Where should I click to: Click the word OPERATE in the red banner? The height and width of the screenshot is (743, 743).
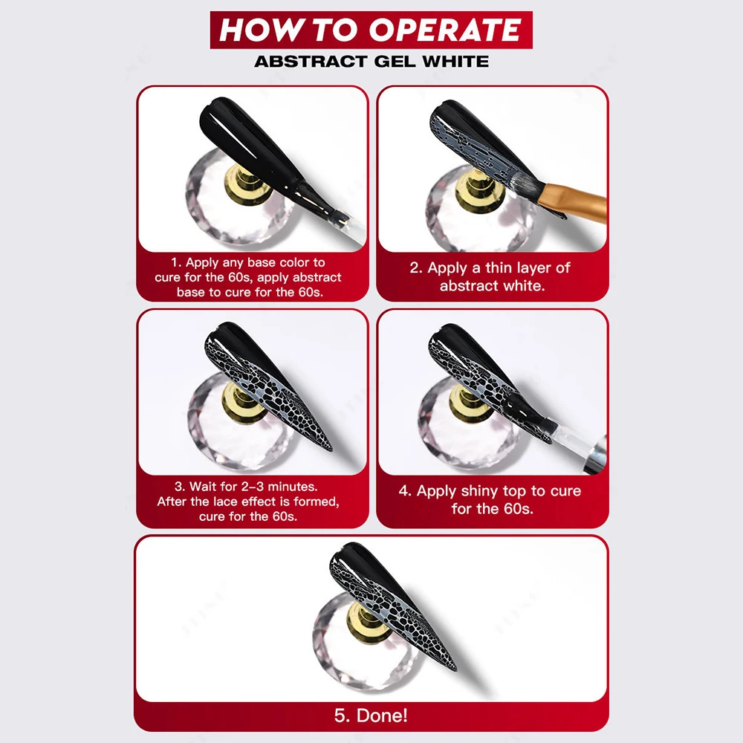coord(445,30)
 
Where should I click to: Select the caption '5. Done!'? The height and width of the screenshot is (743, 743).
coord(371,716)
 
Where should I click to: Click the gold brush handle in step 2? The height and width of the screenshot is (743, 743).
coord(574,201)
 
